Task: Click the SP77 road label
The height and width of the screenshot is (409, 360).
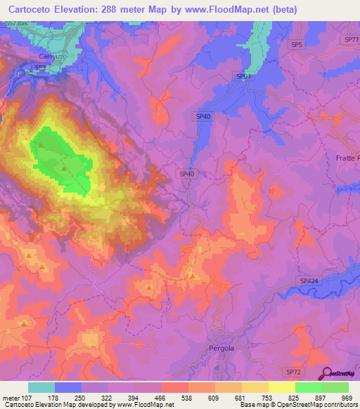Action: pos(352,40)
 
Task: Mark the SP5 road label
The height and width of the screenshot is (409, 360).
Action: pos(296,44)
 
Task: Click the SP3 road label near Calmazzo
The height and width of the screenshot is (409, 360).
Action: pos(40,67)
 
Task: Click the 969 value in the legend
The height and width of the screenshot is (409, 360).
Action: pos(348,398)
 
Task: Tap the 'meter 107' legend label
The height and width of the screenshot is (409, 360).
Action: pos(15,398)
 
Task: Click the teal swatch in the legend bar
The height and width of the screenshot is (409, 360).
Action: pos(41,387)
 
